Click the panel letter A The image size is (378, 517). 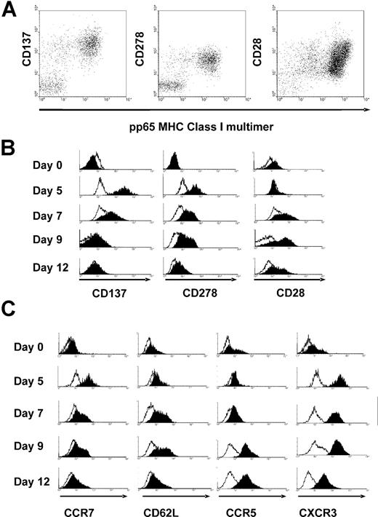[13, 14]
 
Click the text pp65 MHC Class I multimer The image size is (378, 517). [190, 126]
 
